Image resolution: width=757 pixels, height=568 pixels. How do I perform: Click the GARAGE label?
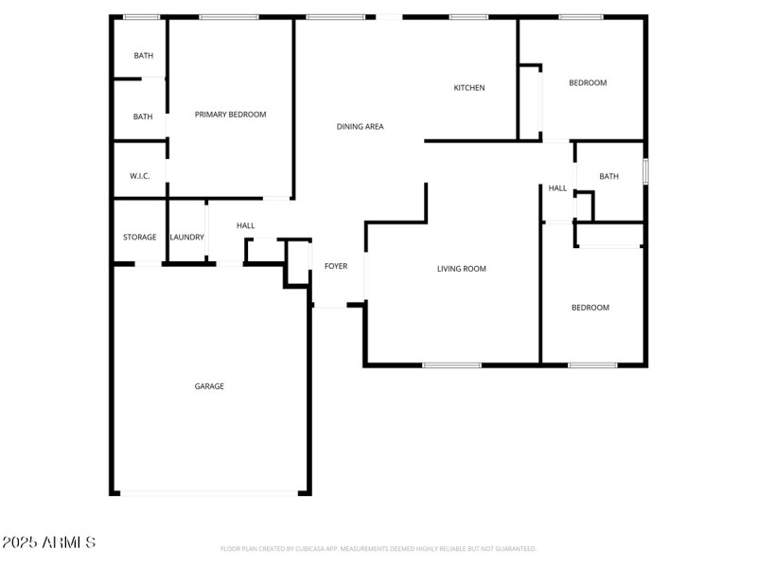click(209, 386)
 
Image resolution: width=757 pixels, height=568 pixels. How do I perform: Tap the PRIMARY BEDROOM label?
click(230, 115)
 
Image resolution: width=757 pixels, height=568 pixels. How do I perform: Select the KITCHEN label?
click(469, 88)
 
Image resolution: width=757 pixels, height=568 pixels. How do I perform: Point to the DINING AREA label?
click(361, 126)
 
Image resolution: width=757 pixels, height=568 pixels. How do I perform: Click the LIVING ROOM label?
click(462, 269)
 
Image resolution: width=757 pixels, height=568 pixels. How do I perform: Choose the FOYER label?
click(336, 266)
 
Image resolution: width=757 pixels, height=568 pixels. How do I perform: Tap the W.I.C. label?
click(140, 176)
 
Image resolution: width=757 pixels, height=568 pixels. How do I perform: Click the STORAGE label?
click(139, 237)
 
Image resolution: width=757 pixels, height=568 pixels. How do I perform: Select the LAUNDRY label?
click(186, 237)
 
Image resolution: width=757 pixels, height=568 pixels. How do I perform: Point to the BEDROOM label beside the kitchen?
click(588, 83)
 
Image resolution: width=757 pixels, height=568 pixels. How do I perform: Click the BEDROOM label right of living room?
click(590, 308)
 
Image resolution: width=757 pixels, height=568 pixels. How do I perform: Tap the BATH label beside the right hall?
click(608, 176)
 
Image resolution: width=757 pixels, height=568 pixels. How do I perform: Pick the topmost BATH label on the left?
click(143, 56)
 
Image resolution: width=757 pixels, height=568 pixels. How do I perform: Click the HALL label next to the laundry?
click(246, 225)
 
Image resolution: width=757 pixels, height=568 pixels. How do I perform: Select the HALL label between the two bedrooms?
click(558, 188)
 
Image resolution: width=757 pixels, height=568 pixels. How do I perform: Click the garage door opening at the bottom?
click(210, 492)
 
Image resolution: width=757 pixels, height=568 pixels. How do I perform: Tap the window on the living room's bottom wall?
click(451, 365)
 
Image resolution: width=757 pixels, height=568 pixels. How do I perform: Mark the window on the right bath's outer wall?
click(646, 171)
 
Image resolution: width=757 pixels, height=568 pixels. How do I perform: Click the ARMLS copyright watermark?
click(48, 542)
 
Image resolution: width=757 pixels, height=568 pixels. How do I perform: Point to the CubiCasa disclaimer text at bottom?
click(378, 548)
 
